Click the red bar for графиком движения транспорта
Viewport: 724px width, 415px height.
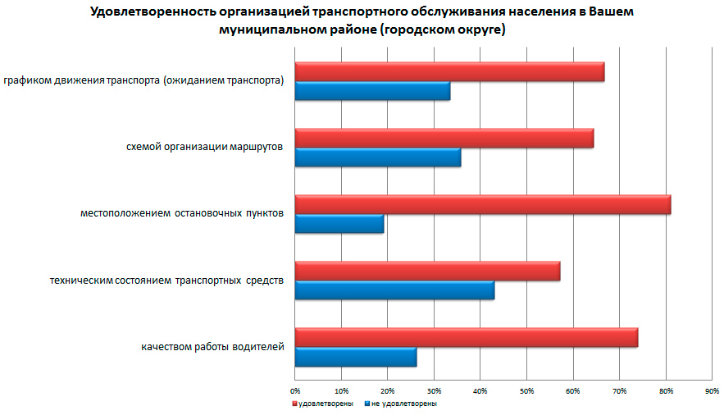tap(449, 72)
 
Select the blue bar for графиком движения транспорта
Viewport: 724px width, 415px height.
tap(372, 92)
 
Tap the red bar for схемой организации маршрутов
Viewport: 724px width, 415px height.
tap(444, 138)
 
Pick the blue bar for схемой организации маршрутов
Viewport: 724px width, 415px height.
tap(377, 157)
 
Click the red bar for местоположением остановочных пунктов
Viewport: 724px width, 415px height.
tap(482, 204)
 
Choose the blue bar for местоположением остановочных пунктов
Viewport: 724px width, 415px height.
tap(339, 224)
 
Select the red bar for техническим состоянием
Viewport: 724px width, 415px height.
tap(427, 271)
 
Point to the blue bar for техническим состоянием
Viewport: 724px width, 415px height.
tap(394, 290)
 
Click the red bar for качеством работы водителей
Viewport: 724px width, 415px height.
tap(466, 337)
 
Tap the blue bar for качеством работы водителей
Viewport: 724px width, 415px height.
tap(355, 357)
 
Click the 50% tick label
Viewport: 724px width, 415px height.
tap(527, 390)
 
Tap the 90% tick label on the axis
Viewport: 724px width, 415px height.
tap(712, 390)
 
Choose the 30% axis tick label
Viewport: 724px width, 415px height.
tap(435, 390)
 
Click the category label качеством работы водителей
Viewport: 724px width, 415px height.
tap(212, 347)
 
